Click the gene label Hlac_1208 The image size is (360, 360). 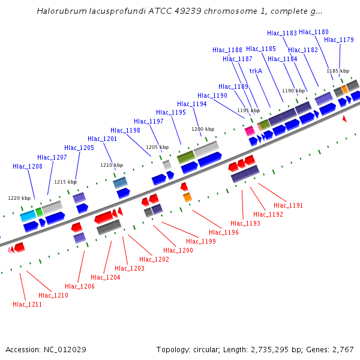[28, 166]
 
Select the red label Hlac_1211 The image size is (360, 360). [28, 304]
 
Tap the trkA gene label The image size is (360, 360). [256, 70]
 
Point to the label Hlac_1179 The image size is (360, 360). [339, 40]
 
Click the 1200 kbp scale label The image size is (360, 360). [203, 129]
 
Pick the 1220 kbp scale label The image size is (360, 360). [19, 198]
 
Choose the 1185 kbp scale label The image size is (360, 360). [338, 71]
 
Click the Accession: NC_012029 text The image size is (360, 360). [46, 349]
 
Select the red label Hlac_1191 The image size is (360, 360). [289, 205]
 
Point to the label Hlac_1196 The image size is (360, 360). [224, 232]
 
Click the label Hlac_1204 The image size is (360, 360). [106, 277]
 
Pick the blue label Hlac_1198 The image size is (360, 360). [125, 130]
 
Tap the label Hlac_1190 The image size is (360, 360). [212, 95]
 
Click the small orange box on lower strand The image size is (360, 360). [187, 197]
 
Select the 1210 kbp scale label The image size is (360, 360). [112, 165]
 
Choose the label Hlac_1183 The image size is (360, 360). [282, 34]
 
